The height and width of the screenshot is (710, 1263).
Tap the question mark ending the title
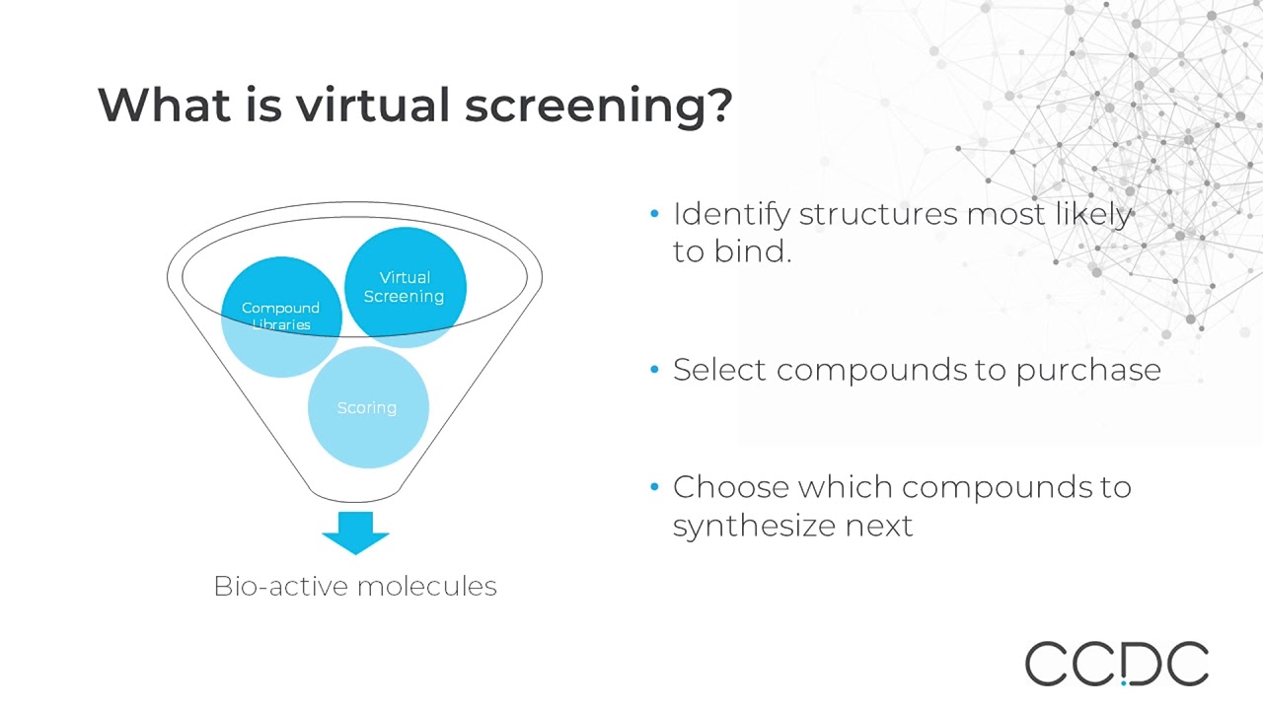(718, 105)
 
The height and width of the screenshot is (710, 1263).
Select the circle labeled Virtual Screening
(405, 286)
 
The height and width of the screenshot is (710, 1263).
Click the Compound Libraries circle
(281, 316)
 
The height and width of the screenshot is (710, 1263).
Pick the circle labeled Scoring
(367, 407)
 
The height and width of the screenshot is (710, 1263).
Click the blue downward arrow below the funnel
(355, 532)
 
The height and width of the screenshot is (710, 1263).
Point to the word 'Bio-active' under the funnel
(280, 586)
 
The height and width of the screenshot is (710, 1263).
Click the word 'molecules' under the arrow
(426, 586)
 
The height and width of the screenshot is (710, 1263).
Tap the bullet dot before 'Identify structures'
(654, 214)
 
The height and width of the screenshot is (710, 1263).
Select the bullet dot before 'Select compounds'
(654, 370)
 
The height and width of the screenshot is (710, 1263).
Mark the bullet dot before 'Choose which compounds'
(654, 487)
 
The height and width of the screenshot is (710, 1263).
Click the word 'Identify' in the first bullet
(731, 214)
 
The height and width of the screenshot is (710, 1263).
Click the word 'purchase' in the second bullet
(1088, 371)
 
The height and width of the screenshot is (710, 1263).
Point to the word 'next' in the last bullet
(879, 526)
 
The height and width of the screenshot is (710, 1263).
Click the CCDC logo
(1116, 664)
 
